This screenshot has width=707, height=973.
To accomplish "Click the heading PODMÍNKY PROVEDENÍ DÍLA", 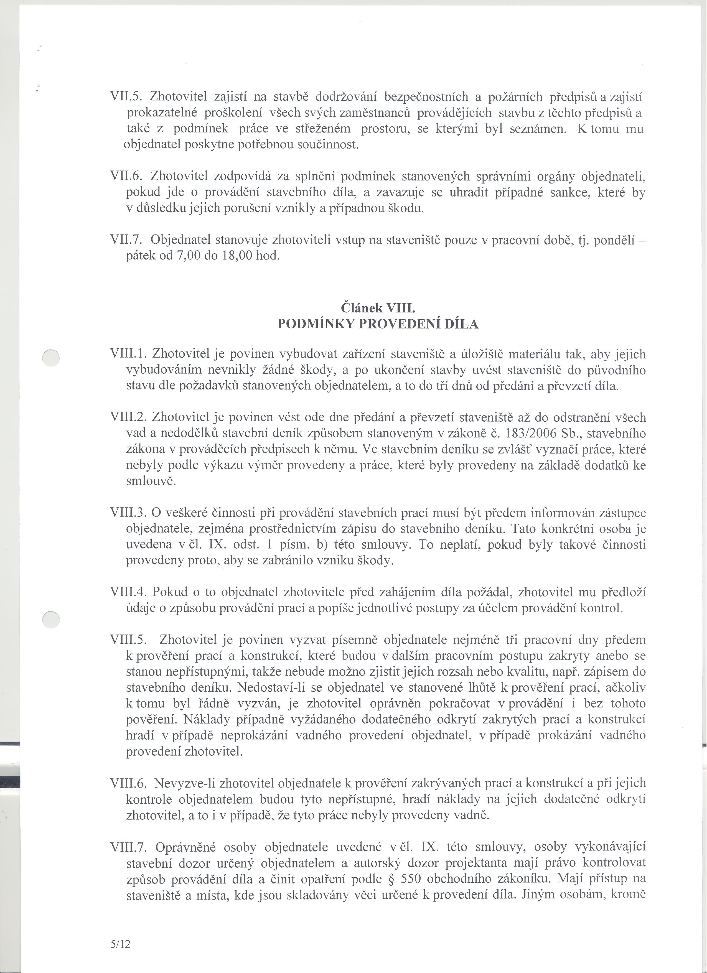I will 378,324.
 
